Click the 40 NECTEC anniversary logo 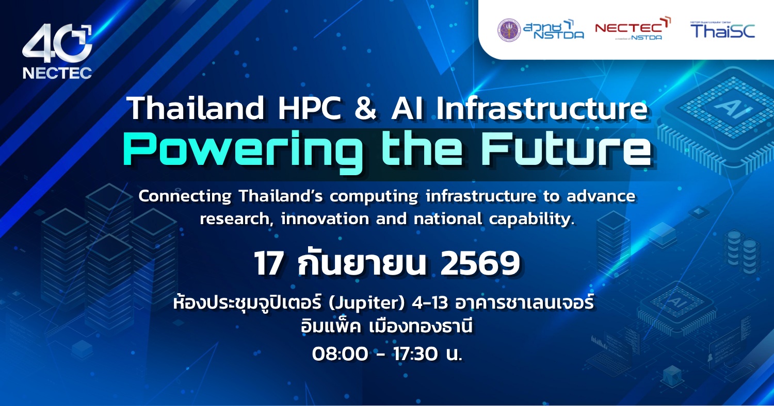pos(57,52)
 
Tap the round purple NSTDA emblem pos(509,30)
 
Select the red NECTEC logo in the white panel pos(633,29)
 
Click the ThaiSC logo pos(722,30)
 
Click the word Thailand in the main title pos(196,108)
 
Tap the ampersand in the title pos(365,109)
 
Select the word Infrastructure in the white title pos(541,109)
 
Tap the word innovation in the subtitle pos(325,218)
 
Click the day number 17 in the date pos(269,264)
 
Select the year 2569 pos(480,263)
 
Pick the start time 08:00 pos(340,354)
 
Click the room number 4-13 pos(430,303)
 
